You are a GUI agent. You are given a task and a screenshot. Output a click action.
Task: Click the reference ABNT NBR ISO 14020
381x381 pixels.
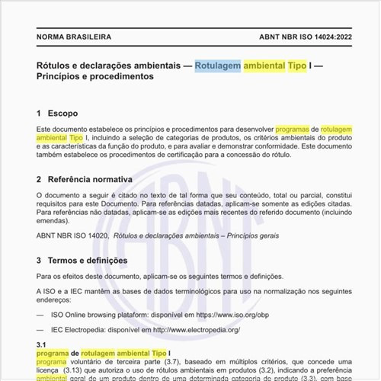point(72,236)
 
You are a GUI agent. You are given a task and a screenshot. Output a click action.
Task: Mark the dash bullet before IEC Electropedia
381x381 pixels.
point(42,329)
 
